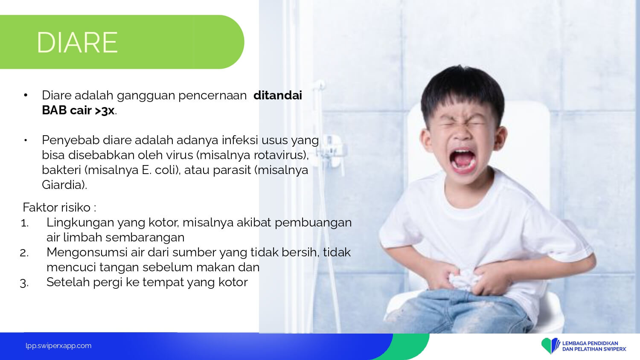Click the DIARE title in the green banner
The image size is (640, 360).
pyautogui.click(x=77, y=43)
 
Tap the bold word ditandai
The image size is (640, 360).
pyautogui.click(x=277, y=95)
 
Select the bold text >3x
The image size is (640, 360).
pyautogui.click(x=105, y=110)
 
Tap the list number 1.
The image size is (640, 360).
pyautogui.click(x=25, y=223)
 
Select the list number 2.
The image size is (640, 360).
pyautogui.click(x=24, y=253)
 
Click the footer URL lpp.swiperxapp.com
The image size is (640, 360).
pyautogui.click(x=58, y=346)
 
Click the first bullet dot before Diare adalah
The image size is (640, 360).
pyautogui.click(x=26, y=95)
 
